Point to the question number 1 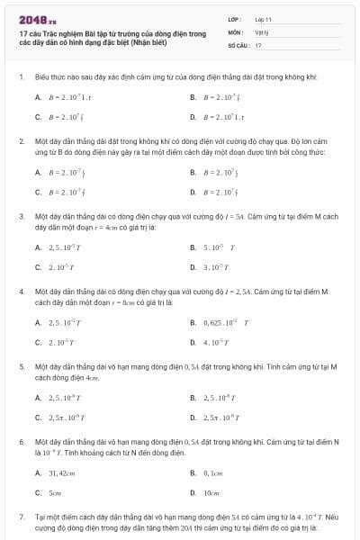[21, 78]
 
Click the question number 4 [21, 292]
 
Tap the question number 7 [21, 517]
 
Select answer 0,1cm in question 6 [212, 472]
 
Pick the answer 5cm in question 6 [55, 493]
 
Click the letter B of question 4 [193, 322]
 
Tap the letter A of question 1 [38, 96]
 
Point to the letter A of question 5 [38, 397]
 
